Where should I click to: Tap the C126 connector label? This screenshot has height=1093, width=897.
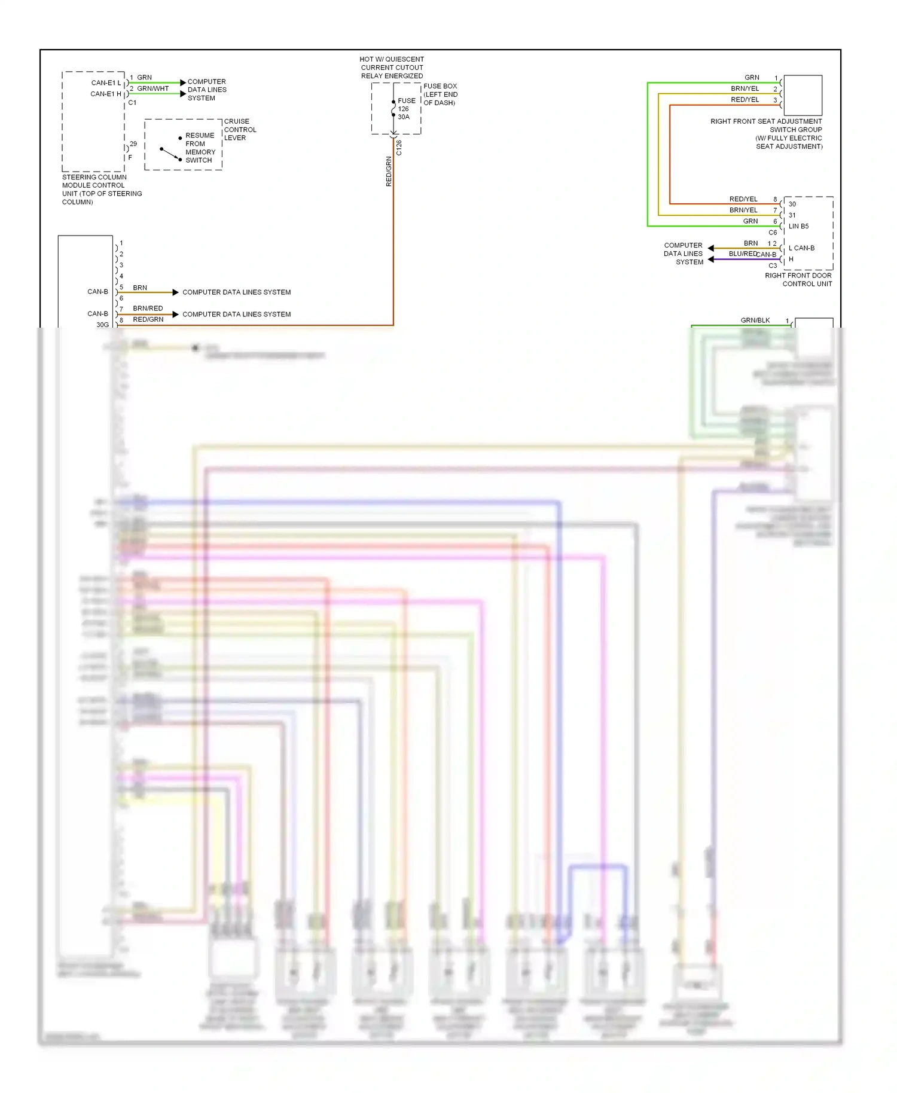[399, 148]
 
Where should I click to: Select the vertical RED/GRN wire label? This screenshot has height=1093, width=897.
[389, 172]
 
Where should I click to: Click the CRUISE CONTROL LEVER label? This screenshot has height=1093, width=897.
[240, 130]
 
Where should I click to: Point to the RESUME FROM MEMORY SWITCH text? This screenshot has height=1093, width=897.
[200, 148]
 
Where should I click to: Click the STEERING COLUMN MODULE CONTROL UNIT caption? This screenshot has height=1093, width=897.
[102, 190]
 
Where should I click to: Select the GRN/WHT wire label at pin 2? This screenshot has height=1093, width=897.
[153, 88]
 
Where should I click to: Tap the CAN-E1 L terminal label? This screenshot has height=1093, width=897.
[106, 83]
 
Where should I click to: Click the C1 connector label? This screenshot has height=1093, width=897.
[132, 103]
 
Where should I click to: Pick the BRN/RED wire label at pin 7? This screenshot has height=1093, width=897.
[148, 309]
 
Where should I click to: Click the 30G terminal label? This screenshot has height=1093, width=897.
[103, 325]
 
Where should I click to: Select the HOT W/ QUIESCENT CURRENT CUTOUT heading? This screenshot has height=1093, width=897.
[392, 68]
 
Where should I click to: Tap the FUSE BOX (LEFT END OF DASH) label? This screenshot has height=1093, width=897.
[441, 94]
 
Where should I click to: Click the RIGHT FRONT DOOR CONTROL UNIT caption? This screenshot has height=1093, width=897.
[798, 280]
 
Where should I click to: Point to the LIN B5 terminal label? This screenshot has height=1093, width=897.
[798, 227]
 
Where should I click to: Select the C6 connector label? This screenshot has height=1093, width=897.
[773, 233]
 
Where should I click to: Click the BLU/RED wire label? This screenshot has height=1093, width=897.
[742, 254]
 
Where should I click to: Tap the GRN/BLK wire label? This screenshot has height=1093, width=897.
[755, 320]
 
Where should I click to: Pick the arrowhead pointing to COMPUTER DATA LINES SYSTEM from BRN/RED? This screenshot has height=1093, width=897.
[175, 315]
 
